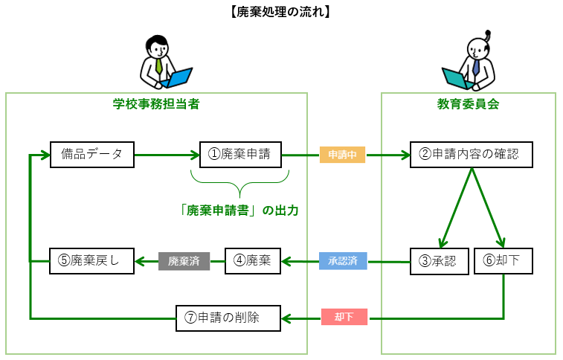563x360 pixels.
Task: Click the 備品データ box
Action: click(91, 155)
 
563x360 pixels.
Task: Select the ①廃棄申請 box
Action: click(239, 155)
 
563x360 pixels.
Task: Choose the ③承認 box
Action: click(438, 260)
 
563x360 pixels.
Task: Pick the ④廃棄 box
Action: click(252, 260)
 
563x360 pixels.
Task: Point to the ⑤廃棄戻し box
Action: click(91, 260)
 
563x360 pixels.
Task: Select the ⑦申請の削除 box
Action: click(228, 318)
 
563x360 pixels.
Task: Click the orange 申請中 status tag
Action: click(343, 155)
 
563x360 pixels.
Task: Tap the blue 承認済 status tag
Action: click(343, 261)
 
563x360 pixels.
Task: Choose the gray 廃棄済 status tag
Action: click(184, 261)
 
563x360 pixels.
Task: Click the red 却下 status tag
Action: click(343, 318)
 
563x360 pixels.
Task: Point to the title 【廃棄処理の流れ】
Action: click(280, 11)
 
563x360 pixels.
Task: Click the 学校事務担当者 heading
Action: click(155, 104)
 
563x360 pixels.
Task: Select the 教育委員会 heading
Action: click(468, 104)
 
